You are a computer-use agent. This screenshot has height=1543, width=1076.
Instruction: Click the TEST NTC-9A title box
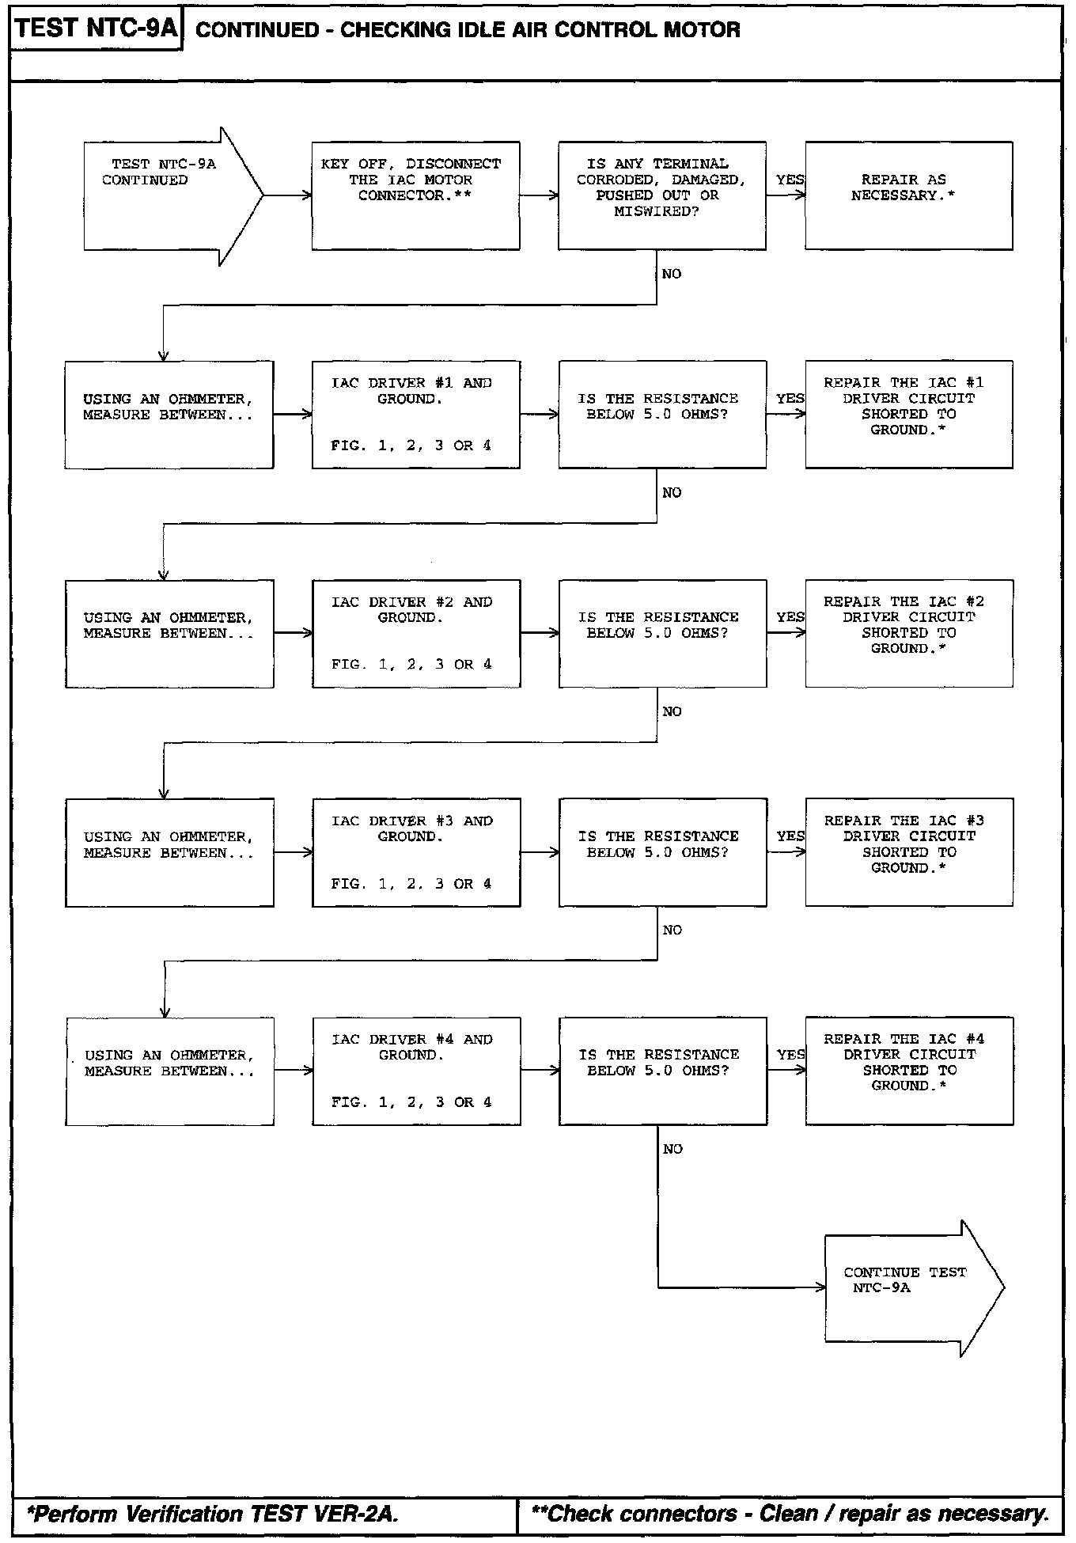click(x=97, y=28)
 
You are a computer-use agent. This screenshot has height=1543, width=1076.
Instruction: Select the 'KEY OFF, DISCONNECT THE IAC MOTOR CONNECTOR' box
click(x=415, y=195)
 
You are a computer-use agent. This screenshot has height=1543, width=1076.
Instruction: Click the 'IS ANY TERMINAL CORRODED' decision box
click(x=662, y=195)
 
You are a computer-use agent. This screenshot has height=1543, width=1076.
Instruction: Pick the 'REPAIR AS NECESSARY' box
click(x=909, y=195)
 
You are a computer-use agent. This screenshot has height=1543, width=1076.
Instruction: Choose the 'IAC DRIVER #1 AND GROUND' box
click(x=416, y=415)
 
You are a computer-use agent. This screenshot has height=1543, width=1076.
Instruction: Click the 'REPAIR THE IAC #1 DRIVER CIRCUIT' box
click(x=909, y=415)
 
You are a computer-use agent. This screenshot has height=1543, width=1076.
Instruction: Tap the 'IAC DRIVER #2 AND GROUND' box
click(x=416, y=634)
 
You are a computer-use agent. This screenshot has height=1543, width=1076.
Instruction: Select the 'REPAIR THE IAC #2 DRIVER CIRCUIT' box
click(x=909, y=634)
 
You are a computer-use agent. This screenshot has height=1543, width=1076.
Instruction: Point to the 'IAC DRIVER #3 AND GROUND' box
click(x=416, y=852)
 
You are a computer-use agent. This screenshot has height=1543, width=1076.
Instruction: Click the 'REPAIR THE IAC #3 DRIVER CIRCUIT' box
click(x=909, y=852)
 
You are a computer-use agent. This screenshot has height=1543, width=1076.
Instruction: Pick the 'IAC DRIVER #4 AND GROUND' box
click(x=416, y=1071)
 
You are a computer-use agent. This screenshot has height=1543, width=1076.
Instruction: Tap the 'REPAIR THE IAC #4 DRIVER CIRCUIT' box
click(x=910, y=1071)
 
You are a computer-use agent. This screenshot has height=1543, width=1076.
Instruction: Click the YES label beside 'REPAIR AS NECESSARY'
click(x=790, y=180)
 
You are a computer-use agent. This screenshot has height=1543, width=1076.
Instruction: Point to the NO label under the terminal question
click(x=672, y=274)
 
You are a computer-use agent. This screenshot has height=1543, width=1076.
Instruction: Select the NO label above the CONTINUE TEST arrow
click(x=672, y=1149)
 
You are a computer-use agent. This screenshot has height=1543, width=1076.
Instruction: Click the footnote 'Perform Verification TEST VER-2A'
click(x=213, y=1515)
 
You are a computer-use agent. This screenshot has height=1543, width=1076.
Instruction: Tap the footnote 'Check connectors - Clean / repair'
click(x=790, y=1515)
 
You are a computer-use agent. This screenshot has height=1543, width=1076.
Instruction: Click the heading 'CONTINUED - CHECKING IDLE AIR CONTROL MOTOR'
click(x=468, y=30)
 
